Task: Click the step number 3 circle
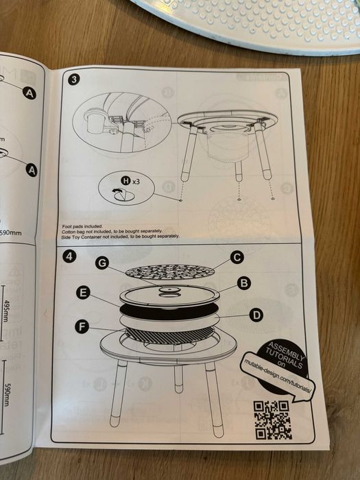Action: [73, 80]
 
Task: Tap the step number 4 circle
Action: [69, 257]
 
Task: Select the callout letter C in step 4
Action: [237, 258]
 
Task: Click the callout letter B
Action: [243, 283]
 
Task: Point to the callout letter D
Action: [256, 315]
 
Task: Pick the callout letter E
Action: [84, 293]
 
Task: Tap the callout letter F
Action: [82, 327]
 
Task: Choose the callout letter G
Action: [102, 263]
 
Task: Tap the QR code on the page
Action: [272, 419]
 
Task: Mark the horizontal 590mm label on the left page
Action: [10, 232]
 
